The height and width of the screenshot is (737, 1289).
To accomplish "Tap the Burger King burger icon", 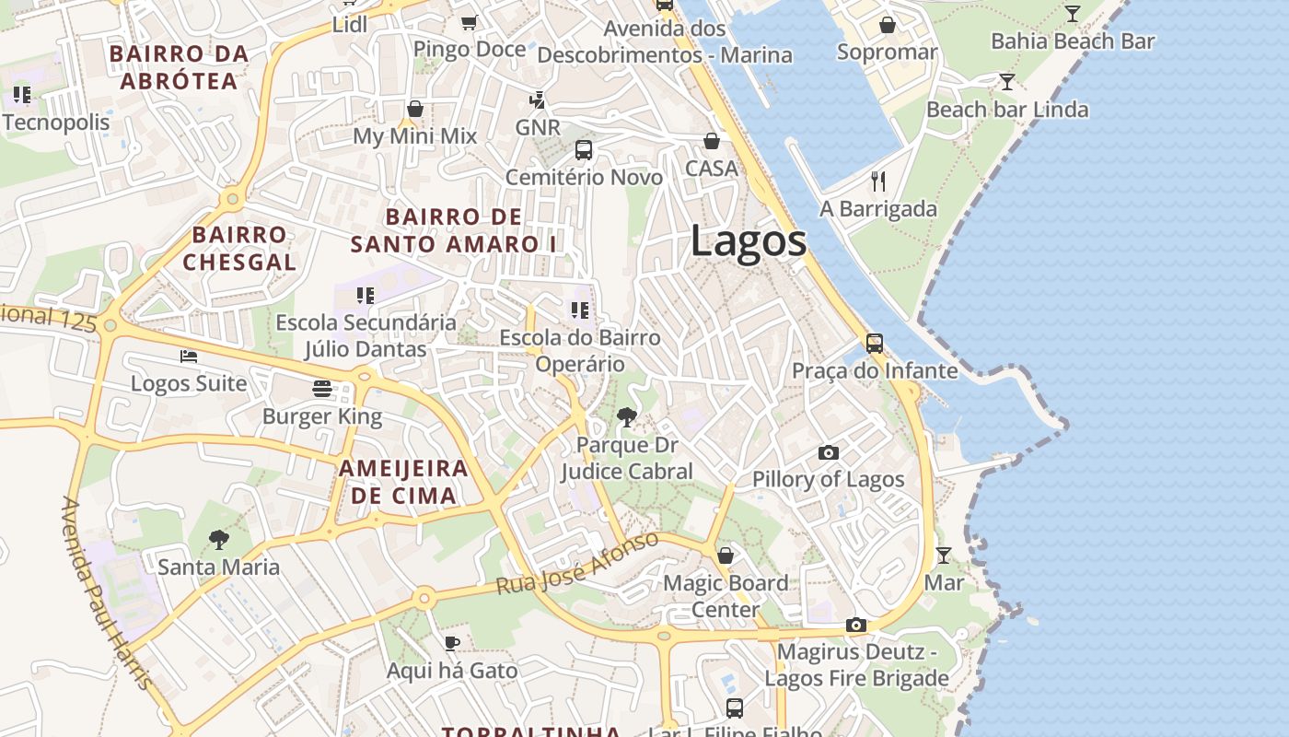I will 321,389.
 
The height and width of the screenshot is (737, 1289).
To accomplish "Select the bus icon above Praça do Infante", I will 875,344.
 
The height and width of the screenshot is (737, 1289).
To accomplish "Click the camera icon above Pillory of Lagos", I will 829,452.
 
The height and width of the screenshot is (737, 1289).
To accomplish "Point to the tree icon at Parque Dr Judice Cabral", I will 627,417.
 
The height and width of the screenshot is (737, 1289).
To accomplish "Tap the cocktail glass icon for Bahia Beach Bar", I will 1073,14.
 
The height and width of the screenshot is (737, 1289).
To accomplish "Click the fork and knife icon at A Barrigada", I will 878,181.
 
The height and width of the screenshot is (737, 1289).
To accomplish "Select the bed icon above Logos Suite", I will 189,356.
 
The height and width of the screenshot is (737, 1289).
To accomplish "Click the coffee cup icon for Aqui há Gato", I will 451,642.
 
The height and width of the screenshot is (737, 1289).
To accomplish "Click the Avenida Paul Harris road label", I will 106,594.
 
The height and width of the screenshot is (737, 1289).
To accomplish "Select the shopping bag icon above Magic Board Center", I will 726,556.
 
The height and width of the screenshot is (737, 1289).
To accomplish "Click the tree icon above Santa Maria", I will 218,539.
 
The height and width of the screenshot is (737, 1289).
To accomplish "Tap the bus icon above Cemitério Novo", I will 584,149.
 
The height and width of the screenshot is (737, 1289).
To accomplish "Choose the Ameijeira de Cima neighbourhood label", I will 403,482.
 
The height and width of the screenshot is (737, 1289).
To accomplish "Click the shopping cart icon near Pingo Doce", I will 469,22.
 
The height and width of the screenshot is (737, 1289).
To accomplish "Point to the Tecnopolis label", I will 55,123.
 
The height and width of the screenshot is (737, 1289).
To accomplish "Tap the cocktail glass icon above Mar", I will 944,556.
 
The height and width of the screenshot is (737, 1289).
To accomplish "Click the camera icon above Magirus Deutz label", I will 855,626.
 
